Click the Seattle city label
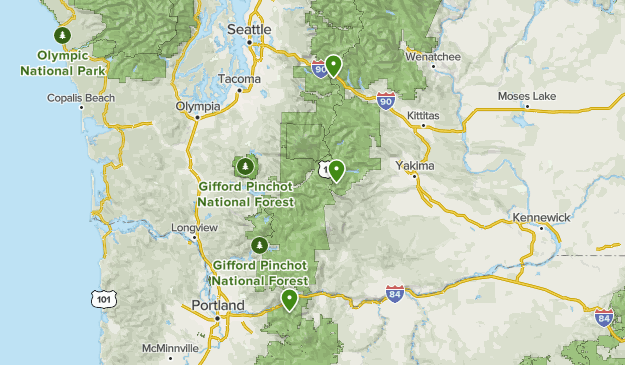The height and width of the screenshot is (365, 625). [x=249, y=30]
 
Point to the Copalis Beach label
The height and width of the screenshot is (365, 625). [x=81, y=98]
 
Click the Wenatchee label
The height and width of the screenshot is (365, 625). [x=433, y=57]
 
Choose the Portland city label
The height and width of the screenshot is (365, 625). [x=217, y=305]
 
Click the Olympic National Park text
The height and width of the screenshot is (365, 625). [x=63, y=63]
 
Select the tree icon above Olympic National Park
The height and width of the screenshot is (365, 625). [x=63, y=36]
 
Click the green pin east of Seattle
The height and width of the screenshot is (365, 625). [x=333, y=66]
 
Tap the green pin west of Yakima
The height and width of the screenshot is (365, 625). [x=338, y=171]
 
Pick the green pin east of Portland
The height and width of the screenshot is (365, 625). [x=290, y=299]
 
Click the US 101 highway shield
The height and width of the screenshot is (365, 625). [x=104, y=298]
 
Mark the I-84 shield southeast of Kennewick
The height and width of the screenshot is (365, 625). [x=603, y=318]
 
